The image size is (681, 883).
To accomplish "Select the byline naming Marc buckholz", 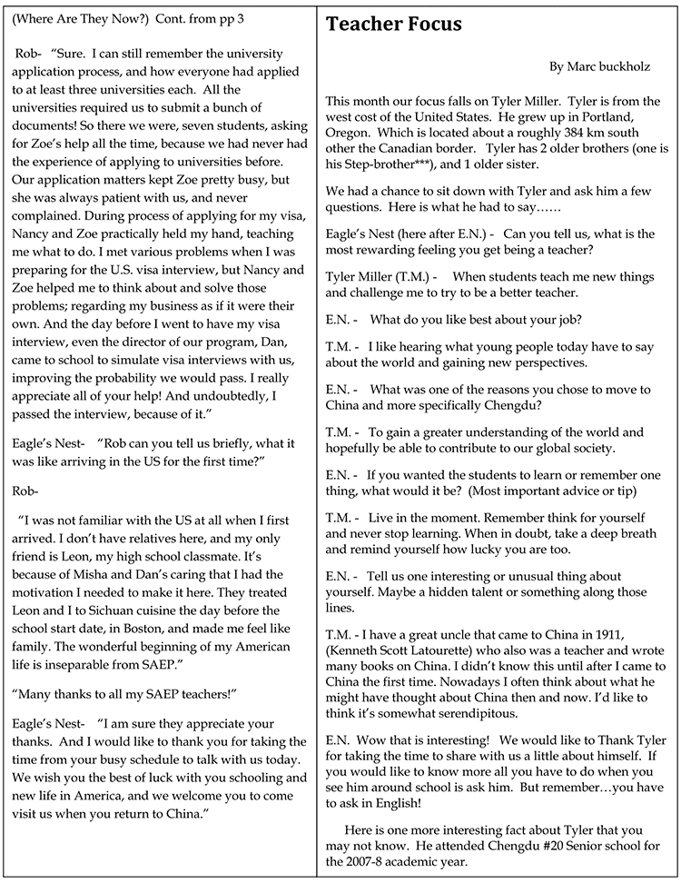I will [599, 67].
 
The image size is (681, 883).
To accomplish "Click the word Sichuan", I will [104, 610].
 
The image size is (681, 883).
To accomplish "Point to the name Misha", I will [114, 574].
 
